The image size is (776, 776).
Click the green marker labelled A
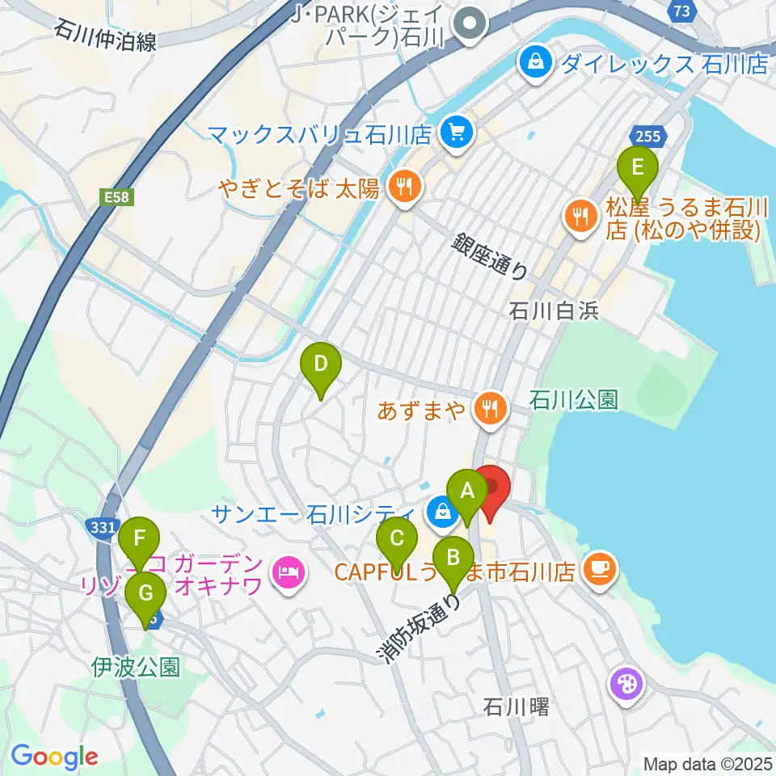(466, 491)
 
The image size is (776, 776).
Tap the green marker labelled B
(453, 557)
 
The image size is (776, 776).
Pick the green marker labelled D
(321, 364)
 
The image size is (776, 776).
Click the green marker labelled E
(637, 169)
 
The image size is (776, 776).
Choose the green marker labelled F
(140, 538)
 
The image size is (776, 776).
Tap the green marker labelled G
(146, 593)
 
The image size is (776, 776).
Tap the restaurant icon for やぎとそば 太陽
(402, 188)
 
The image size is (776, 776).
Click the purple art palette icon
(628, 685)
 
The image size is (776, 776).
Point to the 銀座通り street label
(491, 255)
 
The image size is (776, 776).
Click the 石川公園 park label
(574, 399)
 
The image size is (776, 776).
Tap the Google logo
(54, 757)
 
